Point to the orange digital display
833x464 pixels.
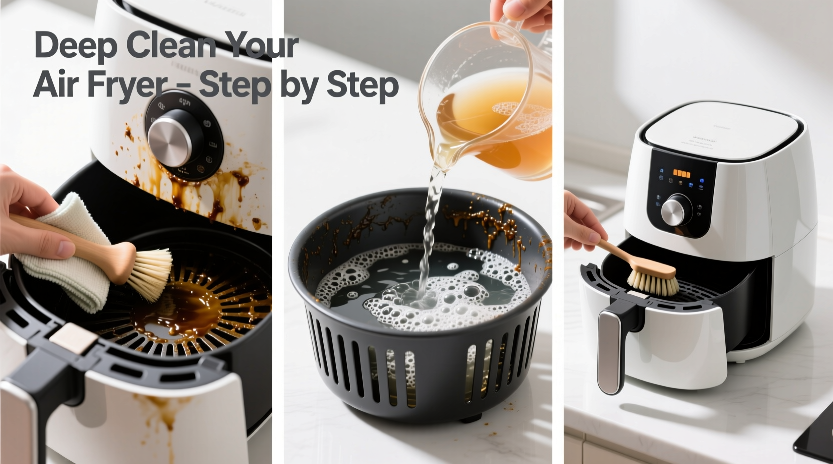[681, 174]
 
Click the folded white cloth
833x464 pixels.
[65, 265]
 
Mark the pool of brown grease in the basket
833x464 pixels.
[180, 310]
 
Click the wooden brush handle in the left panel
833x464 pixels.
[85, 245]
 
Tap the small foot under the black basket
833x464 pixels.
[471, 417]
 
